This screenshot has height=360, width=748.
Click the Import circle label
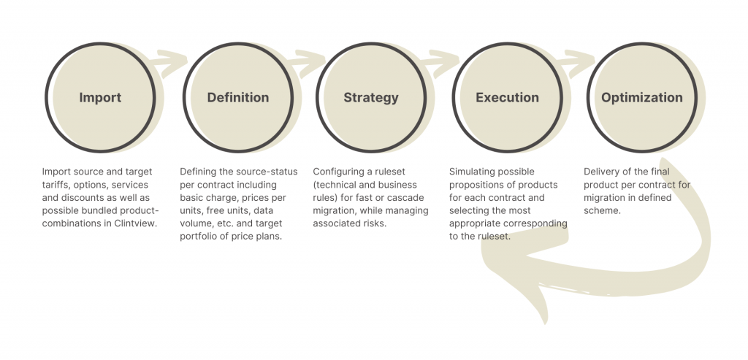[100, 98]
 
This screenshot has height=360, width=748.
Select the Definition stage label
[238, 98]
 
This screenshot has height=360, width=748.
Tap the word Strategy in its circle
[371, 98]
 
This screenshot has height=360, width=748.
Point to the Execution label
[507, 98]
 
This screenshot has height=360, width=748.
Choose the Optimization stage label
[641, 98]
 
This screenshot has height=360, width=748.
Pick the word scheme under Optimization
[601, 210]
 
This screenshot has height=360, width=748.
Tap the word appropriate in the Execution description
[473, 223]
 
